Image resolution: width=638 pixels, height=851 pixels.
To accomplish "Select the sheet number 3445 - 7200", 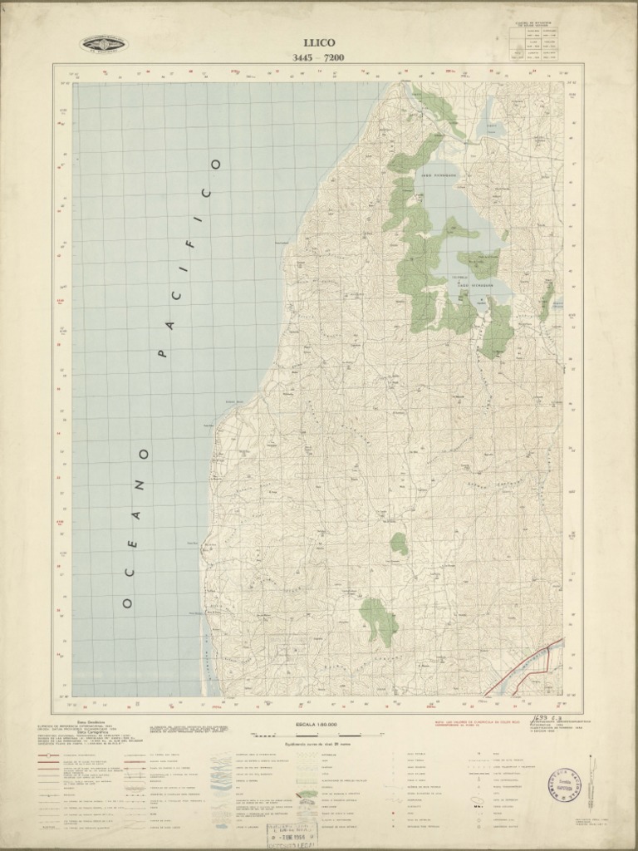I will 318,57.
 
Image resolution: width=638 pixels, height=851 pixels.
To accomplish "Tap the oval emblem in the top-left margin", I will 104,44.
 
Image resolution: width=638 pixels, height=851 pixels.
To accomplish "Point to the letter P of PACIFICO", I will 162,353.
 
